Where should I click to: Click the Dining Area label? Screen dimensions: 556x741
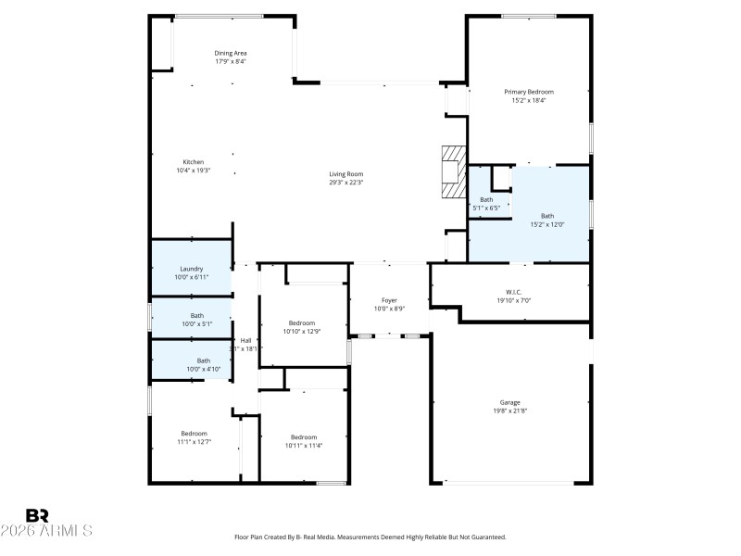[x=231, y=53]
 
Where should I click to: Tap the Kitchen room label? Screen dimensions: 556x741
[x=193, y=162]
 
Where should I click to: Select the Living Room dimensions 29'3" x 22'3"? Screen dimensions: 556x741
[x=345, y=183]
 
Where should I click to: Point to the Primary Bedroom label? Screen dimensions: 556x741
[x=528, y=92]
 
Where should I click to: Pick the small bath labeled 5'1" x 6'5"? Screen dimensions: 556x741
[x=486, y=204]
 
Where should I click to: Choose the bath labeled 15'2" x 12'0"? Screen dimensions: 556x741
[x=547, y=221]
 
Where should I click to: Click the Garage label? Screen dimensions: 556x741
[x=509, y=402]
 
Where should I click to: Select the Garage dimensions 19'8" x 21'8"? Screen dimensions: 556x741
[x=509, y=411]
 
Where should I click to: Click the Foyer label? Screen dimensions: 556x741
[x=389, y=299]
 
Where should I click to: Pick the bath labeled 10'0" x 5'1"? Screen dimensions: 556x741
[x=197, y=320]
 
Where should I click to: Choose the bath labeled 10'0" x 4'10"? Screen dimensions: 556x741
[x=203, y=365]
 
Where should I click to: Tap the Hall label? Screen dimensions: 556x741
[x=245, y=340]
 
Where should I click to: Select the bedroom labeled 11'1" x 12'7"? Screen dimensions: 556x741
[x=194, y=437]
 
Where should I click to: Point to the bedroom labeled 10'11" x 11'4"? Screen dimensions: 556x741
[x=304, y=441]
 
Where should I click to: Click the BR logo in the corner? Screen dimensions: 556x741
[x=37, y=515]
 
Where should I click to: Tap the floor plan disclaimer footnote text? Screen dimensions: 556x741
[x=370, y=537]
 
